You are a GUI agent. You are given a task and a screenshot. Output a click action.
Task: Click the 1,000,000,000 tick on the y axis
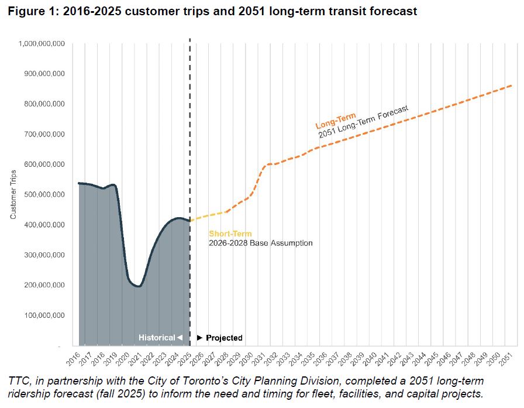[x=42, y=43]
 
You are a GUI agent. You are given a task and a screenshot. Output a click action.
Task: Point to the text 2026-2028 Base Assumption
[x=260, y=243]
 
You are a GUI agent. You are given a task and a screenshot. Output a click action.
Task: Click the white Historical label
[x=157, y=338]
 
